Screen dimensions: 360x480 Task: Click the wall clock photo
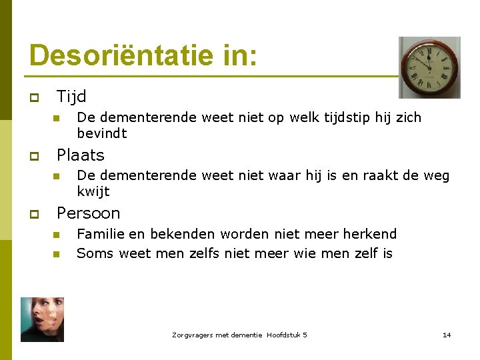(x=429, y=67)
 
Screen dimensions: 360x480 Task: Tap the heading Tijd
(x=71, y=97)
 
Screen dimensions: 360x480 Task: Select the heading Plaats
(x=81, y=155)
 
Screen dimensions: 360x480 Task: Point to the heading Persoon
(x=89, y=213)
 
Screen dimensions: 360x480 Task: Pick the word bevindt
(x=102, y=133)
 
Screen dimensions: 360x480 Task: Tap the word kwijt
(x=93, y=192)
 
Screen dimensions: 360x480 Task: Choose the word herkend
(x=370, y=234)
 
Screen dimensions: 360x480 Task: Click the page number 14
(x=447, y=335)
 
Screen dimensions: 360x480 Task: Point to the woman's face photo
(x=42, y=319)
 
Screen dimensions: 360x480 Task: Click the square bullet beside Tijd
(x=33, y=98)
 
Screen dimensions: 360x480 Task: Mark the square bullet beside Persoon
(x=33, y=215)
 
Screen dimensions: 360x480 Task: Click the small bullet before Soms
(x=57, y=254)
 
